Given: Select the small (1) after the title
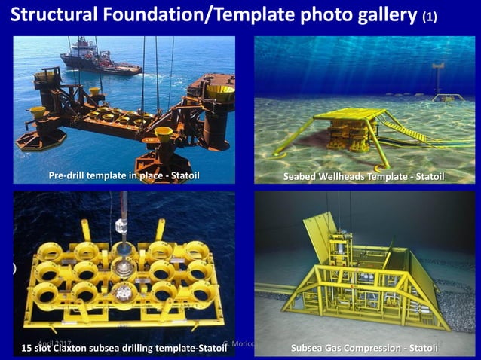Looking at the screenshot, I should click(430, 17).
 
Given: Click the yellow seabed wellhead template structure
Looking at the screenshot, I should click(343, 133).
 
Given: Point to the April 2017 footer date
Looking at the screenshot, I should click(54, 343).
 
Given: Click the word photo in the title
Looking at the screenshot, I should click(321, 16).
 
